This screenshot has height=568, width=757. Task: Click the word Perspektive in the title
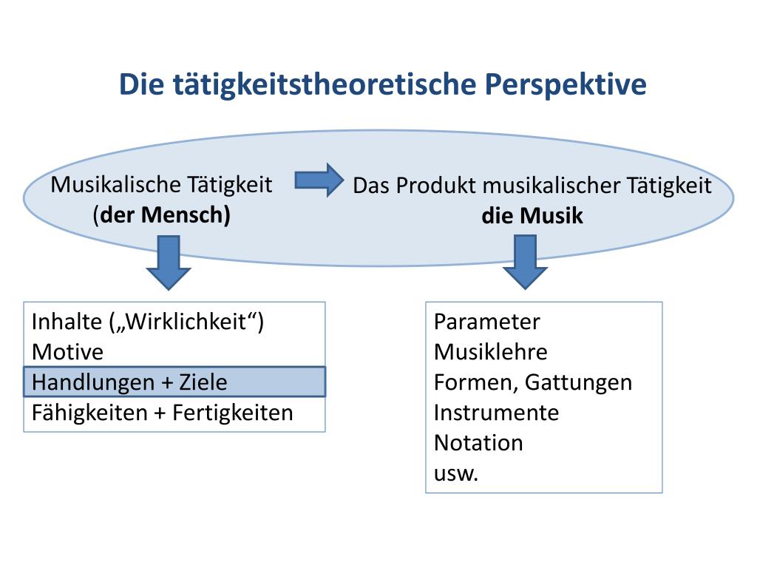tap(566, 84)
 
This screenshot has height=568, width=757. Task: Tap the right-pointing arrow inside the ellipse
tap(319, 180)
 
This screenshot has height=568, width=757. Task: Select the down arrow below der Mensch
tap(169, 263)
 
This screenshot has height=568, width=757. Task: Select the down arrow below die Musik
tap(525, 263)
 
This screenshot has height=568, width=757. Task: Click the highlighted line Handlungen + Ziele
tap(174, 382)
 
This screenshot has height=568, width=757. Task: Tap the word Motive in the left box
tap(68, 352)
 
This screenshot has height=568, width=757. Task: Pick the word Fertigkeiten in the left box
tap(233, 412)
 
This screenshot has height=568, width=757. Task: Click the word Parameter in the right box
tap(487, 322)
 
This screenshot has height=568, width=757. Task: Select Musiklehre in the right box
tap(491, 352)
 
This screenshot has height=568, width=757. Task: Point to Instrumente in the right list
tap(497, 412)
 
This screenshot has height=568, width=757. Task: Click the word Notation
tap(478, 442)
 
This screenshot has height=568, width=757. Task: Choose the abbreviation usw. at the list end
tap(456, 473)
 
